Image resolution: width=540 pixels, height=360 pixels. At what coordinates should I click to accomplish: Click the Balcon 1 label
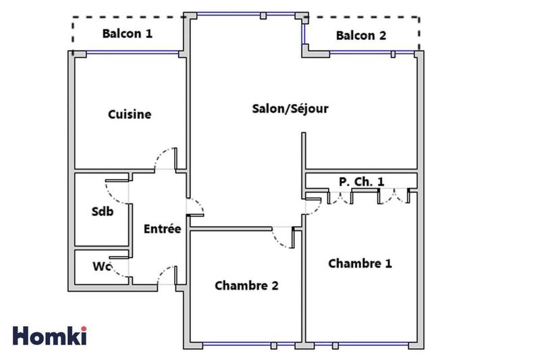point(127,33)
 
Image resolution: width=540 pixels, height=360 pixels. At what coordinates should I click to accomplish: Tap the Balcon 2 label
point(361,36)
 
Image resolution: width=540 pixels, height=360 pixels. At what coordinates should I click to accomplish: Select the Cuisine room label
point(130,114)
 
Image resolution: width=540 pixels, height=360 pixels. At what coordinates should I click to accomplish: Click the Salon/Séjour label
point(290,108)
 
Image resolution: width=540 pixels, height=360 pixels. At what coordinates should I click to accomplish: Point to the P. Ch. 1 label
point(361,181)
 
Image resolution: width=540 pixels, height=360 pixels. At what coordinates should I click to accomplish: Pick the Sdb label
point(102,211)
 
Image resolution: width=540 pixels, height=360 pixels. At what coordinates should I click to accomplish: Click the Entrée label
point(162,229)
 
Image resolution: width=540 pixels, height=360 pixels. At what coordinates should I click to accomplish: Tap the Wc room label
point(101,266)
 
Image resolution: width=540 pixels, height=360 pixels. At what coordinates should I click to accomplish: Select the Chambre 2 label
point(246,286)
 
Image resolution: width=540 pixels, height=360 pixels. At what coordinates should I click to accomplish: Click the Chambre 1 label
point(360,263)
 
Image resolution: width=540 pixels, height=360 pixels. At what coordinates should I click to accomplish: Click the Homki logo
point(50,336)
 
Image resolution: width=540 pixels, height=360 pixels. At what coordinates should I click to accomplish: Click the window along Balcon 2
point(361,51)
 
